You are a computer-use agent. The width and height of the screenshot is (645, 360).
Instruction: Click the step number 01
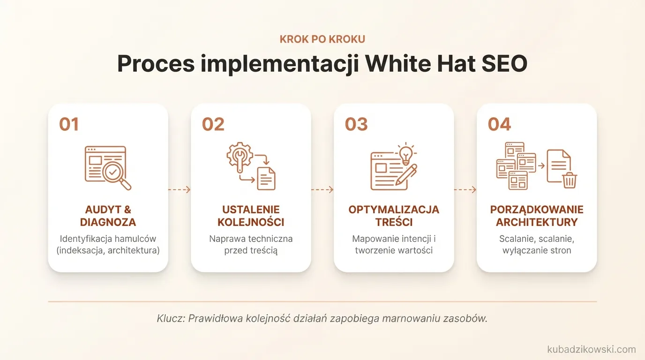tap(68, 124)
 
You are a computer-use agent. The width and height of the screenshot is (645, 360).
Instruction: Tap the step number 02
tap(213, 124)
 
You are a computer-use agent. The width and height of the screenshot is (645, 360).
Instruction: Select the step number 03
tap(356, 124)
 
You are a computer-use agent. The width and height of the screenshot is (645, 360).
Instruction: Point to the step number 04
tap(499, 124)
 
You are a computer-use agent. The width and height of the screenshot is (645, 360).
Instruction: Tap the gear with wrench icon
tap(239, 155)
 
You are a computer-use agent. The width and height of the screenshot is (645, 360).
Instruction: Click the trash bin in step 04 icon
tap(570, 180)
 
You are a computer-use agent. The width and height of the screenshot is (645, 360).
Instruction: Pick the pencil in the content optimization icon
tap(405, 174)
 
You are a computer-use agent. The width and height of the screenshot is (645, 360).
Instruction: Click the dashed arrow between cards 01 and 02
tap(179, 190)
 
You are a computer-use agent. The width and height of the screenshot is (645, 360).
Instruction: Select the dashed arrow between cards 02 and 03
tap(322, 190)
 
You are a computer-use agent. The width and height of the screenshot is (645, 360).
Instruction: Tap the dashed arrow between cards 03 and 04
tap(465, 190)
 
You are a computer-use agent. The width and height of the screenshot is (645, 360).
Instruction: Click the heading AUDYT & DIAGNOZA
tap(108, 216)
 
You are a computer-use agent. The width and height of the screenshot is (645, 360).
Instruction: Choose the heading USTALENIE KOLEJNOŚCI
tap(251, 216)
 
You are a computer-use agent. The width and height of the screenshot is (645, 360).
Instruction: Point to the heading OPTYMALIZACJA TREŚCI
tap(394, 216)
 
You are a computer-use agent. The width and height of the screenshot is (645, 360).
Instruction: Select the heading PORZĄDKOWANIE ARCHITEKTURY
tap(537, 216)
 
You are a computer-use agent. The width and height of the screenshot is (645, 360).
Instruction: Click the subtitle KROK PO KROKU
tap(322, 39)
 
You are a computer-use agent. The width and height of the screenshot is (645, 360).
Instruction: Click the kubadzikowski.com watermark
tap(591, 349)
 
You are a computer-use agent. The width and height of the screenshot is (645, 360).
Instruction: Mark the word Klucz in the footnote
tap(170, 319)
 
